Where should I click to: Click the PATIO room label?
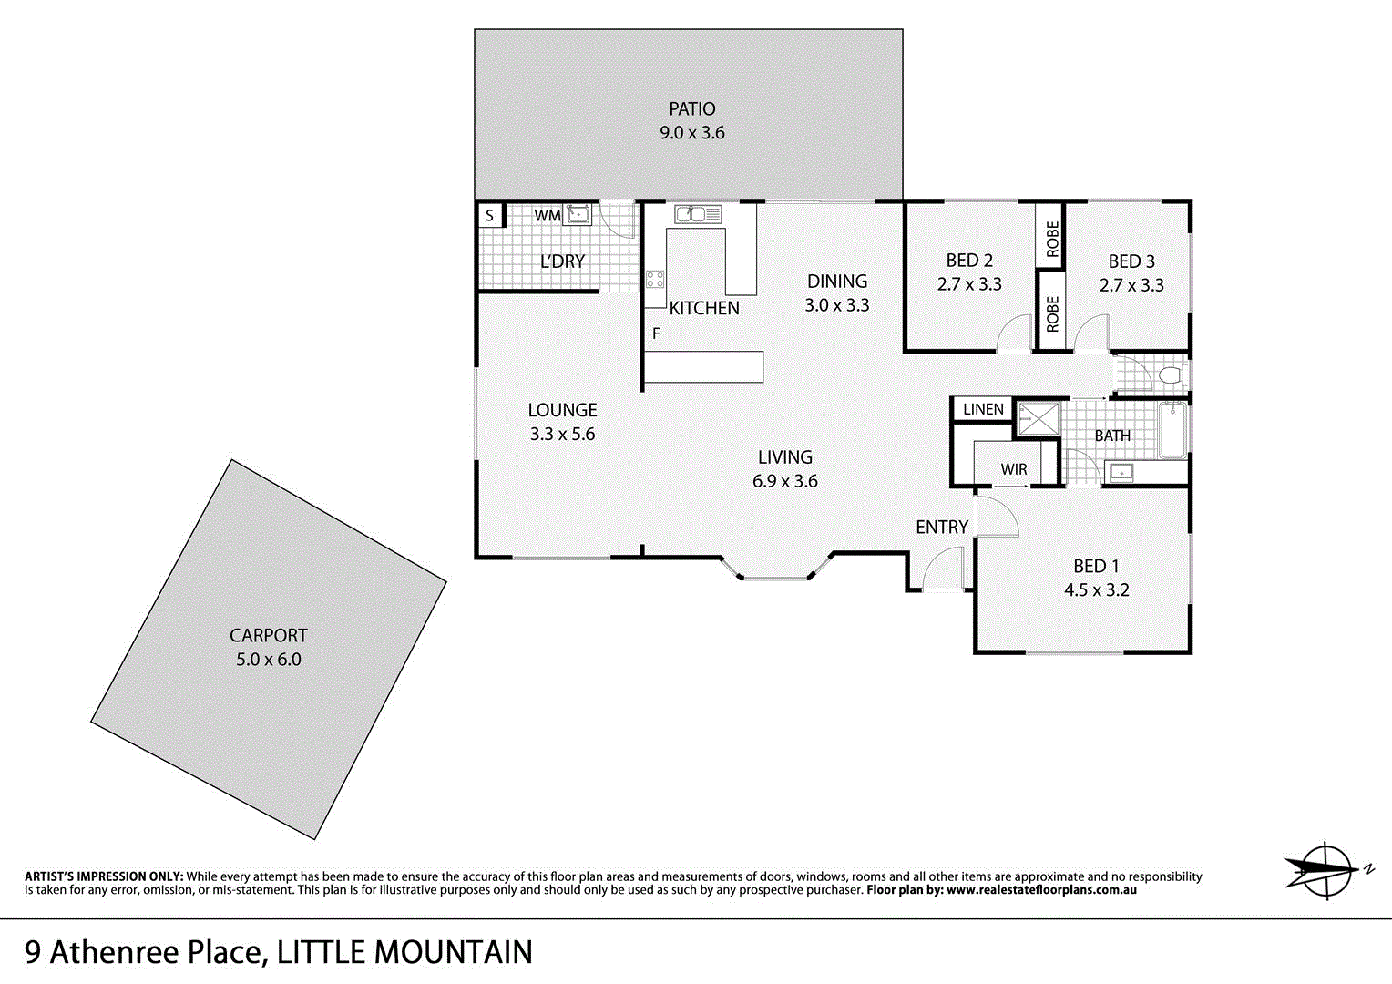[x=691, y=108]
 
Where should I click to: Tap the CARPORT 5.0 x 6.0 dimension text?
[x=268, y=660]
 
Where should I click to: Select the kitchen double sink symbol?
[x=698, y=214]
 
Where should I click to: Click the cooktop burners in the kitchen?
[x=655, y=279]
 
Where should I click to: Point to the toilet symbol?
[x=1171, y=375]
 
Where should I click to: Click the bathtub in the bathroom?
[x=1172, y=431]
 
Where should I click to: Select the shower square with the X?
[x=1039, y=419]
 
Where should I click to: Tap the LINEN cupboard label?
[x=983, y=409]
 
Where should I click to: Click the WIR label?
[x=1013, y=469]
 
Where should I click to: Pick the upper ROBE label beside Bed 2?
[x=1052, y=239]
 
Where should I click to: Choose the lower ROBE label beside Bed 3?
[x=1052, y=314]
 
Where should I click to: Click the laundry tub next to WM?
[x=578, y=215]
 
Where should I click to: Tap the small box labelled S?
[x=490, y=216]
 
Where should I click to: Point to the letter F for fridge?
[x=656, y=334]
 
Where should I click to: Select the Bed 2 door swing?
[x=1012, y=336]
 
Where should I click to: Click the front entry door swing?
[x=943, y=570]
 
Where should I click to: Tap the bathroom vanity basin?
[x=1121, y=472]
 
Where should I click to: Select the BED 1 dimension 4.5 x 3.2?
[x=1096, y=590]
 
